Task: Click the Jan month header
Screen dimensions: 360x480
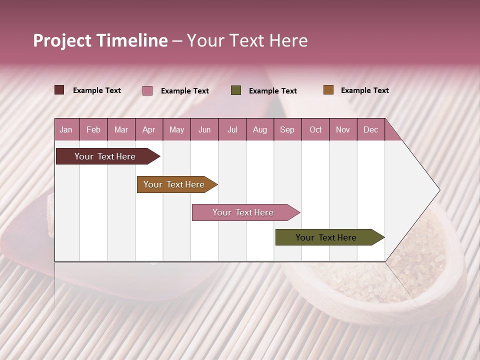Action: (x=66, y=129)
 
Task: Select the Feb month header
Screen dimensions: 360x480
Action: (x=93, y=129)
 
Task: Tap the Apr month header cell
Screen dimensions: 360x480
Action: (x=149, y=129)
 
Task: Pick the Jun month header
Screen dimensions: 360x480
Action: (x=204, y=129)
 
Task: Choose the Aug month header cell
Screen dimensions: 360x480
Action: (x=260, y=129)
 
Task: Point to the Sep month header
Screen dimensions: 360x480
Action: (x=287, y=129)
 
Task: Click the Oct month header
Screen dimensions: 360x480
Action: (x=315, y=129)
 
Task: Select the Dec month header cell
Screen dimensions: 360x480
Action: (x=371, y=129)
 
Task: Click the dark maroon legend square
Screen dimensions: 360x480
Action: (x=59, y=90)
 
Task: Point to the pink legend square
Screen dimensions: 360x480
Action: (x=147, y=90)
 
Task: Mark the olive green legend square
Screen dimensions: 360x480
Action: (x=236, y=90)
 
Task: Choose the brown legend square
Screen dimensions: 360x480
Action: (x=328, y=90)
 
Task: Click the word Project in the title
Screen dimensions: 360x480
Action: (x=63, y=40)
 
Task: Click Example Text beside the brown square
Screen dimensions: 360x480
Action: (x=364, y=90)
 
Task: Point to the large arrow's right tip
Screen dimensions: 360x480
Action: (x=438, y=190)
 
